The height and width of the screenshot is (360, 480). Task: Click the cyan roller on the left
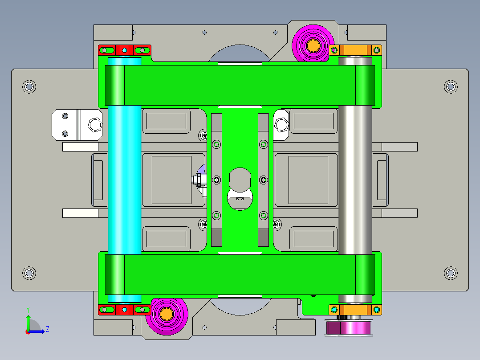click(x=124, y=180)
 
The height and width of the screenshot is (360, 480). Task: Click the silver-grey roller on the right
click(x=355, y=180)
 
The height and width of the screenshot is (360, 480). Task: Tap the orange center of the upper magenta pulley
click(x=313, y=46)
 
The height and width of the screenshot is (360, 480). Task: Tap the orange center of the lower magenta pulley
click(x=167, y=314)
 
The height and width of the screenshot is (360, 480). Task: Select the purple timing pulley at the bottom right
click(x=349, y=327)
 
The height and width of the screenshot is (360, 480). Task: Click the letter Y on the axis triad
click(x=28, y=310)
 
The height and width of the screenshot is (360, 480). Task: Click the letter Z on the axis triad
click(x=48, y=329)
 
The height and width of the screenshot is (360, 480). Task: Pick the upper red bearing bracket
click(x=125, y=50)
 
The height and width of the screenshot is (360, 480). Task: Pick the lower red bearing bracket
click(x=125, y=310)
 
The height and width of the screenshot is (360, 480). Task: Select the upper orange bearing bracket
click(x=355, y=50)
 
